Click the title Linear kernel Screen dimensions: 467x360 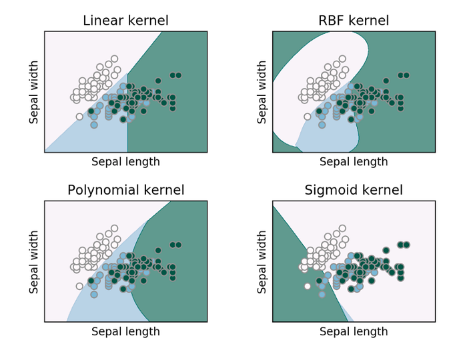click(125, 21)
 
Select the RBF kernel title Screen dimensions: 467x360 click(354, 21)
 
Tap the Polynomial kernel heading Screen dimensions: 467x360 click(125, 191)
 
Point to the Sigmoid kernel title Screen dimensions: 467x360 click(354, 191)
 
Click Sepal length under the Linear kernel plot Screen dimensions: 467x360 click(125, 162)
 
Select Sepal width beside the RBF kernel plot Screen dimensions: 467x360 click(262, 92)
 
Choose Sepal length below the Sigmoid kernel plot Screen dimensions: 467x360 click(354, 331)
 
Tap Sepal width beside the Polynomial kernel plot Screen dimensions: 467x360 click(34, 262)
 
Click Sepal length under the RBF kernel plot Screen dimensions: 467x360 click(354, 162)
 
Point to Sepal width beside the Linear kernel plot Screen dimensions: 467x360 click(34, 92)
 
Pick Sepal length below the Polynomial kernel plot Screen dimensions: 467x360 click(125, 331)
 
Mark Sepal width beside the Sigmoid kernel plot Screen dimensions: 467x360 click(262, 262)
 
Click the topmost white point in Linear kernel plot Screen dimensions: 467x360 click(114, 59)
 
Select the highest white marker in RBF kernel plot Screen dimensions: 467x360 click(342, 59)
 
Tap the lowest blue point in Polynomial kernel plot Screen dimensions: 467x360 click(94, 294)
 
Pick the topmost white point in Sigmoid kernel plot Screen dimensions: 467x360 click(342, 229)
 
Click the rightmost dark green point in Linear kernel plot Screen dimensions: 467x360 click(179, 75)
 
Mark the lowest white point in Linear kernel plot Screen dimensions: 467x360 click(79, 117)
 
